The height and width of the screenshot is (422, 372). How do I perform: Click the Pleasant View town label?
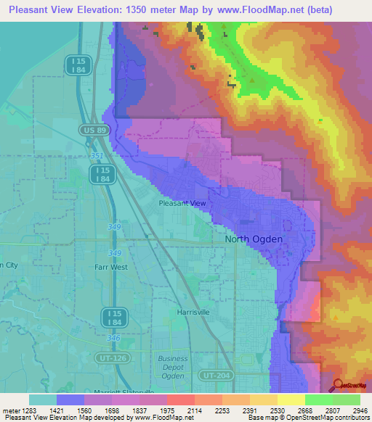(x=182, y=204)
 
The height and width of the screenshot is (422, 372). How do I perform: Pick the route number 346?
(x=114, y=338)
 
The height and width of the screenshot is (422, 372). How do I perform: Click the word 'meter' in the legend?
(x=9, y=410)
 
